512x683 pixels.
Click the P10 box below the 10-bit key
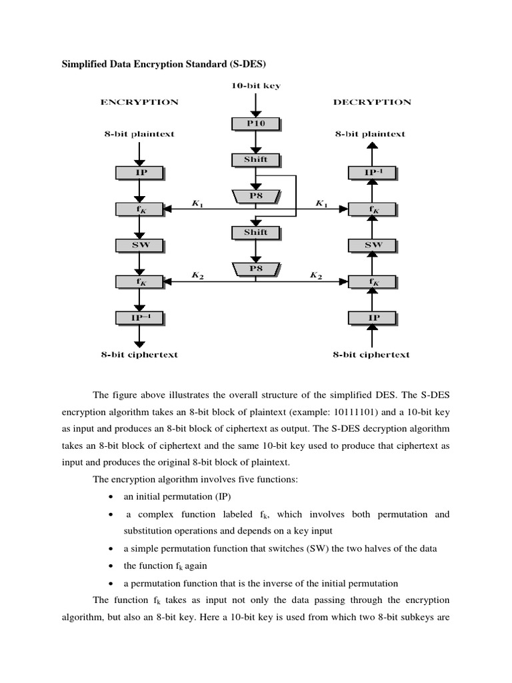256,123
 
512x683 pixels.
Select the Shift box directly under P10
256,159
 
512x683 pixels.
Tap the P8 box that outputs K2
256,269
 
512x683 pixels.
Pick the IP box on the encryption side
141,172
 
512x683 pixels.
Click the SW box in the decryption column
373,245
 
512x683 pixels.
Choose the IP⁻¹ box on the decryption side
373,172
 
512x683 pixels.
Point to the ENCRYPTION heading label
139,102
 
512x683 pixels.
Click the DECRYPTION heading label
372,102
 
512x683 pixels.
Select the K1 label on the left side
198,203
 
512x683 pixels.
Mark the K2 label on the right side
316,275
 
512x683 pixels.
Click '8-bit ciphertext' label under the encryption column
139,355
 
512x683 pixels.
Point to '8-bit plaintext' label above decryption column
370,134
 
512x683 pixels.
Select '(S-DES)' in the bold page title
251,63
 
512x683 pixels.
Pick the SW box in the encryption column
141,245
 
